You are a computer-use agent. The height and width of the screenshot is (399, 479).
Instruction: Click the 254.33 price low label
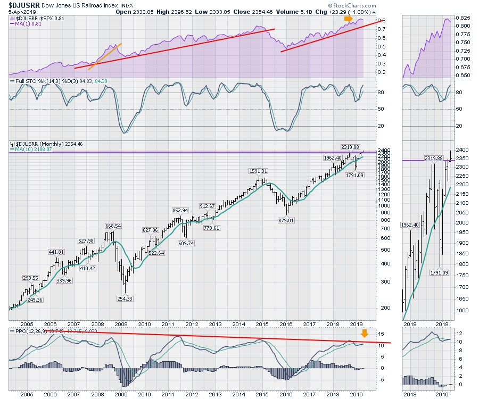point(125,298)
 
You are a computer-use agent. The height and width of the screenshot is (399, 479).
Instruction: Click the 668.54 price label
point(111,226)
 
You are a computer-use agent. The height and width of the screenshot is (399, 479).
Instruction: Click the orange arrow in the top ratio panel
point(347,19)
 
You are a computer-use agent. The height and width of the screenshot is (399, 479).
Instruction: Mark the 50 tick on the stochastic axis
point(381,109)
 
